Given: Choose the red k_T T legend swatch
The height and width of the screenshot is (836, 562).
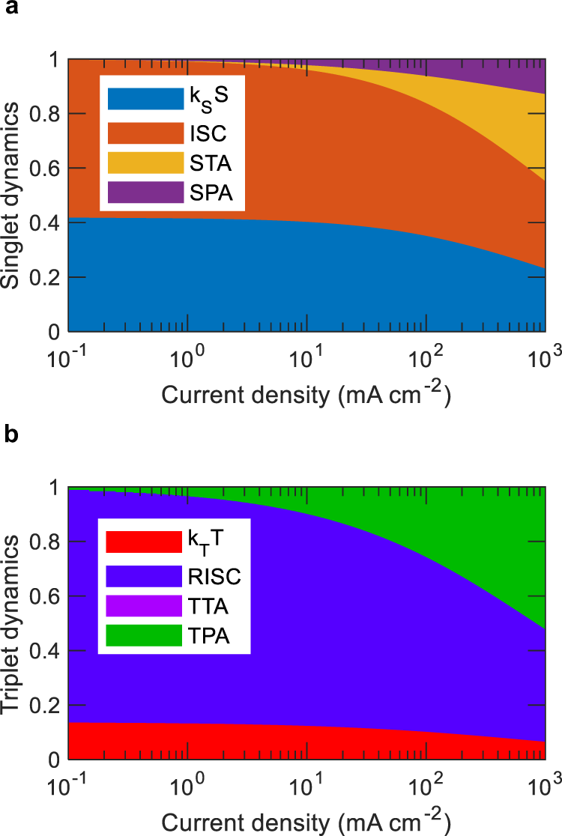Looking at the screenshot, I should [x=144, y=540].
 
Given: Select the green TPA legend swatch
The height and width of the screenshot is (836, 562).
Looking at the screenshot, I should [x=144, y=634].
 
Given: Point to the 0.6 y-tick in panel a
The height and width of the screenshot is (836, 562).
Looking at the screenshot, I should [x=49, y=169].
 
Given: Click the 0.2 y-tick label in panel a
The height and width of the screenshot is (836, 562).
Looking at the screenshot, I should [x=49, y=278].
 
